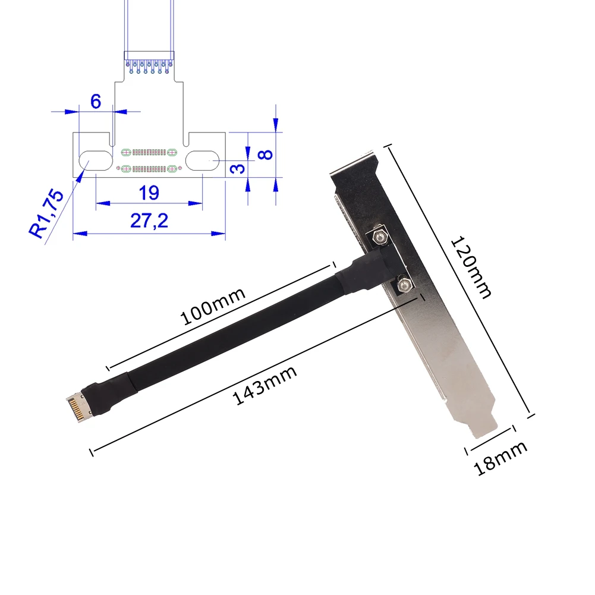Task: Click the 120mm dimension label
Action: point(471,267)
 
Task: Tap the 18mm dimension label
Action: point(500,458)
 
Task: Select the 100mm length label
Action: point(212,306)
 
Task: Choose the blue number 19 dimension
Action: point(149,192)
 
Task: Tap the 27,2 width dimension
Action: point(149,221)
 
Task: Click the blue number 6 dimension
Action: point(95,101)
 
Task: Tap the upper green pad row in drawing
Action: point(149,151)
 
